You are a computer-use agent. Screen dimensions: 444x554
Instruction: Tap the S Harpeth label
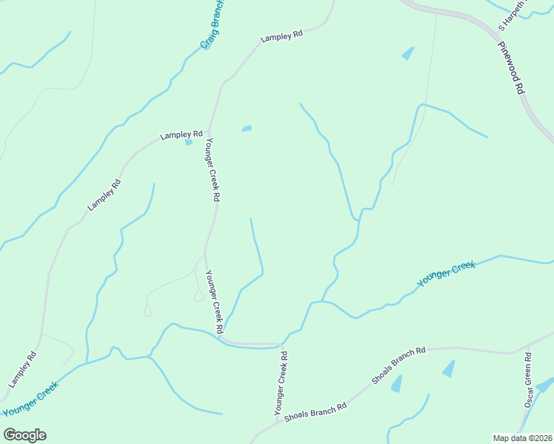[x=512, y=15]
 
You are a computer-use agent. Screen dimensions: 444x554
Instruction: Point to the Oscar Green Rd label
[x=529, y=380]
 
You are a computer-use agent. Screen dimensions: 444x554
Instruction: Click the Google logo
[x=24, y=435]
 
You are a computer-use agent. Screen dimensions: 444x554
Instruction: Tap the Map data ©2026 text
[x=523, y=438]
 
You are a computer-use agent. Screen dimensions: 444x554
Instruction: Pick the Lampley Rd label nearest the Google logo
[x=22, y=370]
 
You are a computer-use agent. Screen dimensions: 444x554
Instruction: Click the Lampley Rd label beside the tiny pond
[x=182, y=135]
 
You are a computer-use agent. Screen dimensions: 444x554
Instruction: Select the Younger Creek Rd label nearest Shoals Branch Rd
[x=280, y=382]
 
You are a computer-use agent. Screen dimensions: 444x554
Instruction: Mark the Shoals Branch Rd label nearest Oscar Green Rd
[x=399, y=365]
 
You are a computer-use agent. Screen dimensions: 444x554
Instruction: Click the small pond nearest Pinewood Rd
[x=407, y=53]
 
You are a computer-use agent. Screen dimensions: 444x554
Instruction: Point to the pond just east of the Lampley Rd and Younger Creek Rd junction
[x=247, y=129]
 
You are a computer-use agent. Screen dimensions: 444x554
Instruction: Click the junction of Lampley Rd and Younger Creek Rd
[x=209, y=134]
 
